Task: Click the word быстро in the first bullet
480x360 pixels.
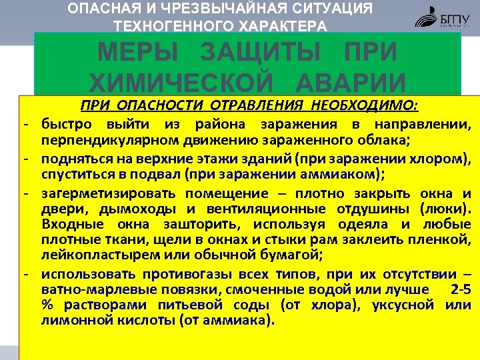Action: point(66,124)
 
